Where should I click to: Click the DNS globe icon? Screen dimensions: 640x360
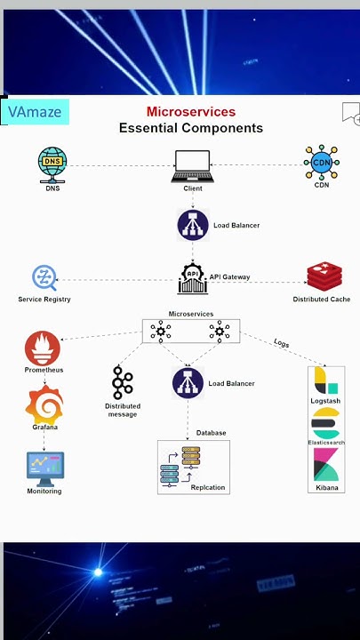(52, 163)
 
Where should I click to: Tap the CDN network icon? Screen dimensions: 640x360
(321, 163)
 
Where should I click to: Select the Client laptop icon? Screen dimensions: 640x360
(192, 165)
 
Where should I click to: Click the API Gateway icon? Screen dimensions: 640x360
(192, 278)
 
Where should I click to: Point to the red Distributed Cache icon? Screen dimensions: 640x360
(320, 276)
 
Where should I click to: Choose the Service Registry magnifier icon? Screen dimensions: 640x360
(44, 278)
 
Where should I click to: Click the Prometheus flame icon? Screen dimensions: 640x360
(43, 348)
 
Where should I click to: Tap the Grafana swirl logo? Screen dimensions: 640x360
(44, 404)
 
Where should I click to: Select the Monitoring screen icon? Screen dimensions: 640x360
(44, 467)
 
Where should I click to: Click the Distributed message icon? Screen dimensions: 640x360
(122, 383)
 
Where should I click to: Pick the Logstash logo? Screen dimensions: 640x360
(325, 381)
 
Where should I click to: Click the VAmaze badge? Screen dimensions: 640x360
(36, 112)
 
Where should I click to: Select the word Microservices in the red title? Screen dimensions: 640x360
(191, 112)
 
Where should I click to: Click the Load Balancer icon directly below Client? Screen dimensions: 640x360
(193, 225)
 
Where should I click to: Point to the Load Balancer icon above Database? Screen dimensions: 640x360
(188, 383)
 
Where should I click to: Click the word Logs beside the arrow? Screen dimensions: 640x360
(281, 343)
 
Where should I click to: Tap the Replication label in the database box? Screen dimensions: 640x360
(208, 487)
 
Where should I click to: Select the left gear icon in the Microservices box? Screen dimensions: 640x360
(161, 332)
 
